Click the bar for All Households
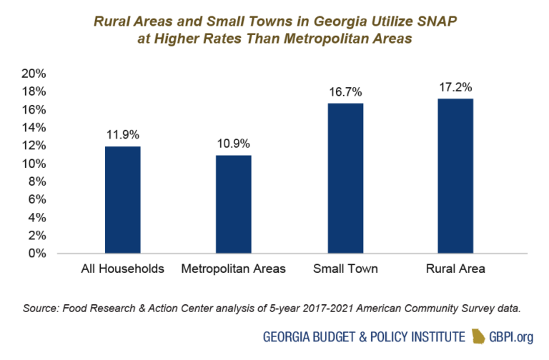[122, 199]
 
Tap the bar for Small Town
[345, 178]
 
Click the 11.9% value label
[122, 134]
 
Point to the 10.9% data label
[233, 143]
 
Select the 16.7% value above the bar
[345, 91]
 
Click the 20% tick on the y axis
[34, 74]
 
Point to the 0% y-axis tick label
[37, 253]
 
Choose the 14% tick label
[34, 127]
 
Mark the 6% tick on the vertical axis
[37, 199]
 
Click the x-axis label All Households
[122, 269]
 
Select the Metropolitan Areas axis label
[233, 269]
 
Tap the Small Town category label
[345, 269]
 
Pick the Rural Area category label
[455, 269]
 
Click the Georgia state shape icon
[477, 336]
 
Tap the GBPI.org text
[513, 336]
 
